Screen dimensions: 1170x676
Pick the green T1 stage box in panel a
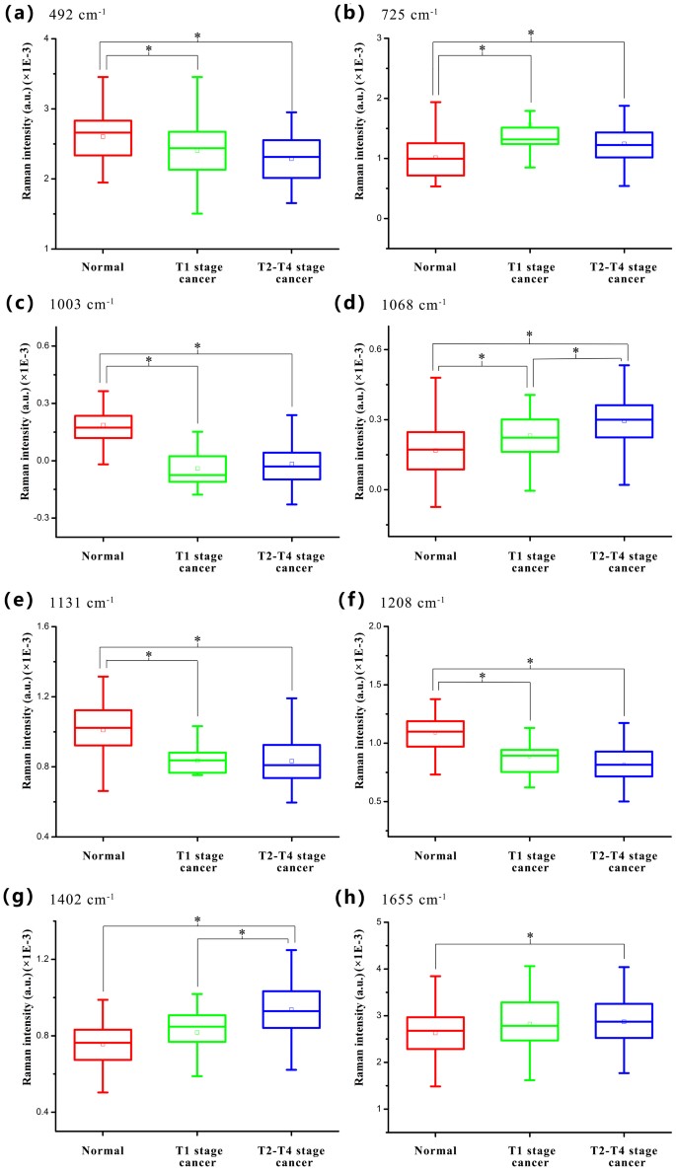point(197,151)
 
